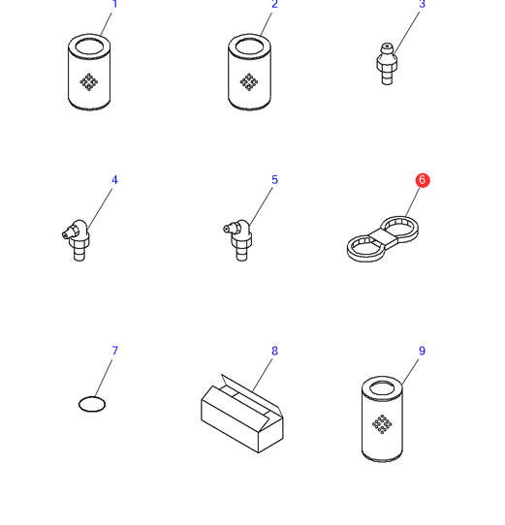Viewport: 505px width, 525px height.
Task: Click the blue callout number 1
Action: pos(115,4)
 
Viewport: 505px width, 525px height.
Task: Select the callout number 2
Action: pos(274,4)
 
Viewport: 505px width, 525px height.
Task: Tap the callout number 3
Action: pos(423,4)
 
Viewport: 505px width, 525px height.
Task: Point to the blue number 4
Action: pos(114,180)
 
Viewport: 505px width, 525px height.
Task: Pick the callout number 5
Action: pos(274,180)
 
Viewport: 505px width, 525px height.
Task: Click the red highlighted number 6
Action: pos(423,180)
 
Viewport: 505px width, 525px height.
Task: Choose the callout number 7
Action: pos(115,351)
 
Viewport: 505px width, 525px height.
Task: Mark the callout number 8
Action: pos(274,351)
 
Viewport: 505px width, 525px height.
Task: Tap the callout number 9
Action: pos(423,351)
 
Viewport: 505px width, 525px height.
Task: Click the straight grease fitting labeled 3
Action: pos(387,64)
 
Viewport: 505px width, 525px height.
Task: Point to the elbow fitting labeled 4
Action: pos(77,239)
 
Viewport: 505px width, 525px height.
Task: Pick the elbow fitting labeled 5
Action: pos(238,239)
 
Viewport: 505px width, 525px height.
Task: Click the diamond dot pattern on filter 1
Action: pos(89,82)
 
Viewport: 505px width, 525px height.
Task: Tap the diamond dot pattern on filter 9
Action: pos(382,424)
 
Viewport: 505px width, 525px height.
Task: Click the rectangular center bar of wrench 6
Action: pos(383,237)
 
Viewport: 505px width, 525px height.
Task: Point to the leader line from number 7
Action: pos(105,378)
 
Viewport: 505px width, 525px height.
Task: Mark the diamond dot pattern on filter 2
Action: pos(249,82)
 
